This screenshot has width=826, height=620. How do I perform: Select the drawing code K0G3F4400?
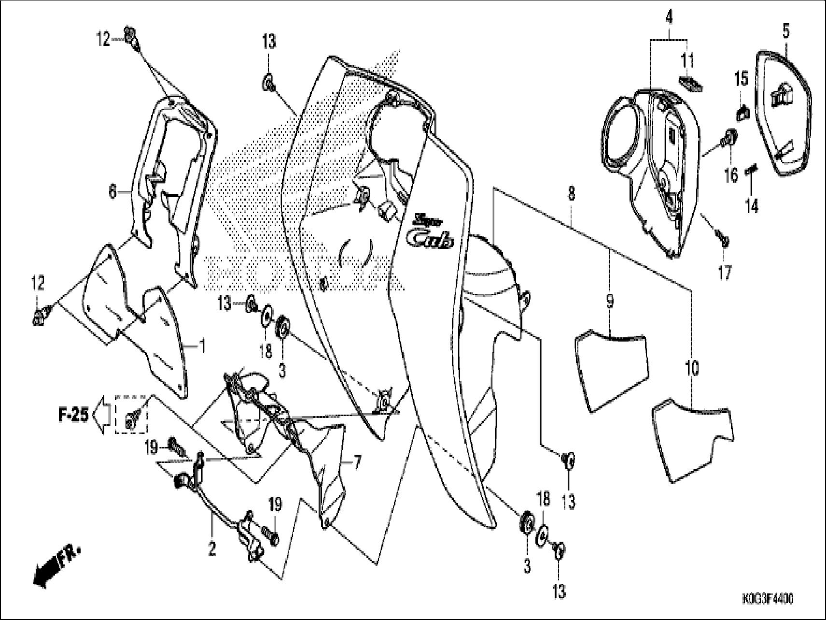(768, 599)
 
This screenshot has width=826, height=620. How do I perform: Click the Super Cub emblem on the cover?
(429, 232)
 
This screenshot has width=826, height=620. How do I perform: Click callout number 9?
(610, 302)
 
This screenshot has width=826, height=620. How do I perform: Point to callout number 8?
(572, 195)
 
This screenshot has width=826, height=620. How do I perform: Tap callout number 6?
(112, 192)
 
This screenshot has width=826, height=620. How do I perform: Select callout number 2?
(211, 549)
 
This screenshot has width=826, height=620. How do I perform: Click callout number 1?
(202, 346)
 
